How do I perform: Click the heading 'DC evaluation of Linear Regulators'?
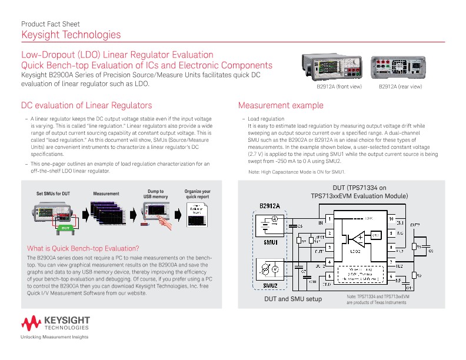86,105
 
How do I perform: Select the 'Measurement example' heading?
280,105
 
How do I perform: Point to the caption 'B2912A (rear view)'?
400,86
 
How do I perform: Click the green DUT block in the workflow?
66,226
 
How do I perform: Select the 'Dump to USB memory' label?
155,194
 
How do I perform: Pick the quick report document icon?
197,215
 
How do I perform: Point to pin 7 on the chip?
391,261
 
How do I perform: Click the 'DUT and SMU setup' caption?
292,299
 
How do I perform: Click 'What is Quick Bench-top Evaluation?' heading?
83,248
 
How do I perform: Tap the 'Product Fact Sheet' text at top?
50,24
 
